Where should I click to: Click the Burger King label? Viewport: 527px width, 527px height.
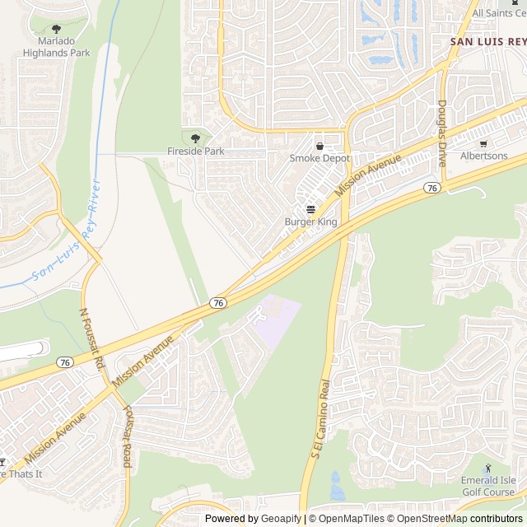(310, 222)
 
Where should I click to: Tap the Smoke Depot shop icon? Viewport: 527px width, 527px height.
(319, 146)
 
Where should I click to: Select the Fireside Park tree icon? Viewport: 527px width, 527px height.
(195, 138)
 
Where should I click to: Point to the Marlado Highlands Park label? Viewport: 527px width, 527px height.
(56, 47)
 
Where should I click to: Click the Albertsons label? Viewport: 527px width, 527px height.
(483, 156)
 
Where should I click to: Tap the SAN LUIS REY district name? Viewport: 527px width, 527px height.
(487, 40)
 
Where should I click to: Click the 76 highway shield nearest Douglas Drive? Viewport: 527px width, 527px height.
(431, 189)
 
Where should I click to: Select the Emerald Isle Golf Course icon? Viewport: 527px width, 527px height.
(487, 468)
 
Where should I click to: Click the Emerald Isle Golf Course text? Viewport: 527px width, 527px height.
(487, 486)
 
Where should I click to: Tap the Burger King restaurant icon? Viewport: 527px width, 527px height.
(310, 209)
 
